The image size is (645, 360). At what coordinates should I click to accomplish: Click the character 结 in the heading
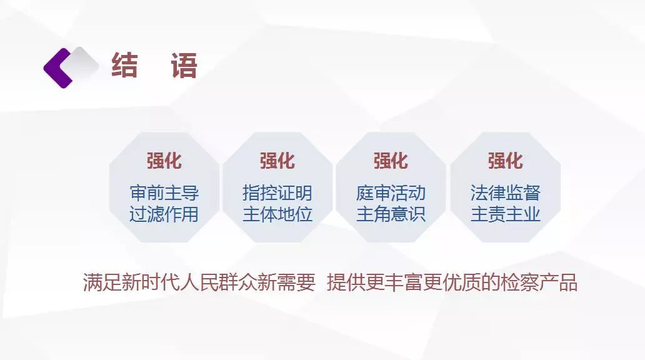click(x=124, y=65)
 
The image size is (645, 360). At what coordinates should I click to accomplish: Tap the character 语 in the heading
click(x=184, y=65)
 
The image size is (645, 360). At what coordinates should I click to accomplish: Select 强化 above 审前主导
click(x=164, y=161)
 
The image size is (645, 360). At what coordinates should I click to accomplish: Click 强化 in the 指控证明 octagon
click(x=277, y=161)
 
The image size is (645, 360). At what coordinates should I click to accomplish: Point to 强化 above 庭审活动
click(x=391, y=161)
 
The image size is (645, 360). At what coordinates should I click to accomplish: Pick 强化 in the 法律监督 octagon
click(x=505, y=161)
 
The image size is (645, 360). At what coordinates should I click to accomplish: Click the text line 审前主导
click(x=164, y=193)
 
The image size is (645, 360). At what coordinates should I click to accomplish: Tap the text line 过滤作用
click(x=164, y=214)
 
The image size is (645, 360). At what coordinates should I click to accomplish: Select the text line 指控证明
click(x=277, y=193)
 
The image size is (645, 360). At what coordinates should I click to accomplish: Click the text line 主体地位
click(x=277, y=214)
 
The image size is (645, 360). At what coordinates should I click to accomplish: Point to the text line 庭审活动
click(x=391, y=193)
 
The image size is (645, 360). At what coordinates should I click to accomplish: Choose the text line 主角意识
click(x=391, y=214)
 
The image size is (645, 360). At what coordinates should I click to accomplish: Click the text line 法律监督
click(x=505, y=193)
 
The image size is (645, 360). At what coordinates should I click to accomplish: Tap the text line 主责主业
click(x=505, y=214)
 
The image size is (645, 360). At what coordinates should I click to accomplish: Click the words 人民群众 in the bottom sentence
click(x=218, y=282)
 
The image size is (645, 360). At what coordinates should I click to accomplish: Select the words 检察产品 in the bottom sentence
click(x=539, y=282)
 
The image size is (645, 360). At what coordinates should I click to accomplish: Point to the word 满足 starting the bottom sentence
click(x=102, y=282)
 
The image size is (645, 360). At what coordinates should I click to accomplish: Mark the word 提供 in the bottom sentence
click(x=346, y=282)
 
